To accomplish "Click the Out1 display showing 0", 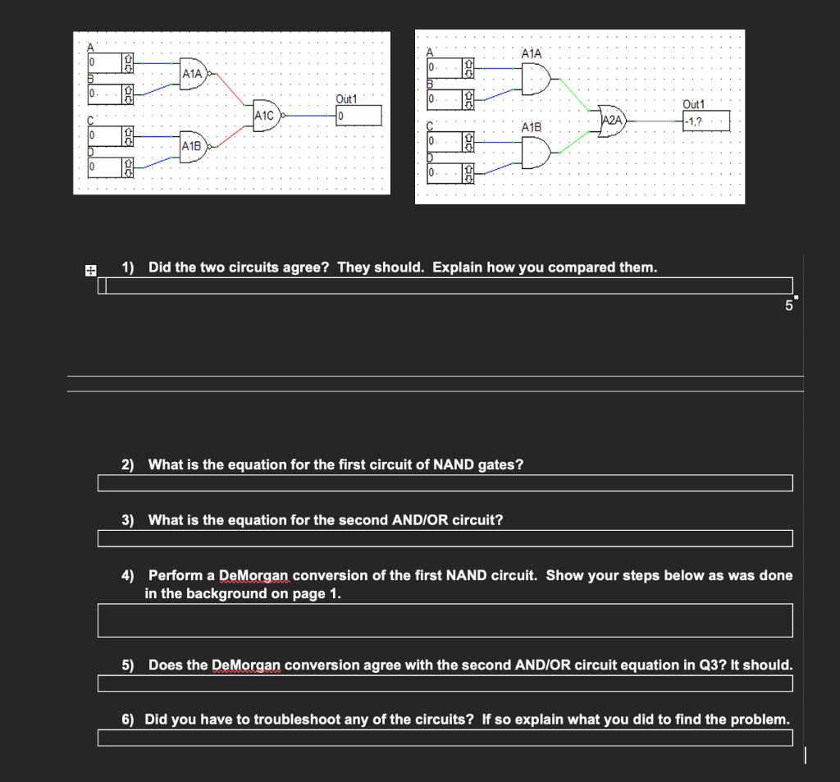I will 358,116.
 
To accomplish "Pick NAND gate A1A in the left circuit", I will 194,73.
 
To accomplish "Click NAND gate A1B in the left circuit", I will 194,146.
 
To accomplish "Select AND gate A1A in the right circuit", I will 535,79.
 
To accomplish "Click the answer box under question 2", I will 445,483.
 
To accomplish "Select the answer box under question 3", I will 445,538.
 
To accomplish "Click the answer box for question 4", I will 445,620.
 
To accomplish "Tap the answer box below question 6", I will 445,738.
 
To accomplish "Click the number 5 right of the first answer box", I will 788,306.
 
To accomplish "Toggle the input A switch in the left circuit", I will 128,62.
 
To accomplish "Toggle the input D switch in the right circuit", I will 468,174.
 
